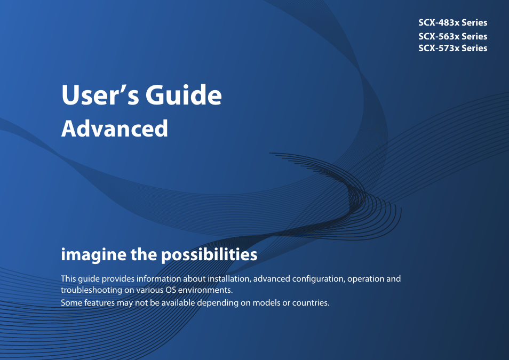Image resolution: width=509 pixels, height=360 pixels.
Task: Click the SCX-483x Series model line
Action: pos(452,22)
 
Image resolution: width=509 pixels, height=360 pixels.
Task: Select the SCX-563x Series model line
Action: pos(452,36)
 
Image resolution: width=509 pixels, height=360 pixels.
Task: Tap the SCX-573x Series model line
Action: pos(452,48)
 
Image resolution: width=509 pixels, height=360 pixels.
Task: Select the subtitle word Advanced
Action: pos(115,129)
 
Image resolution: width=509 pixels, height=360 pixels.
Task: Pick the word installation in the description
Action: pos(228,279)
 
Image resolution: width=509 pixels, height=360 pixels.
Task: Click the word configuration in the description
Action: pos(315,279)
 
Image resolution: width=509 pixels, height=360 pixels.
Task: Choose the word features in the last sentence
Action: pos(98,303)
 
